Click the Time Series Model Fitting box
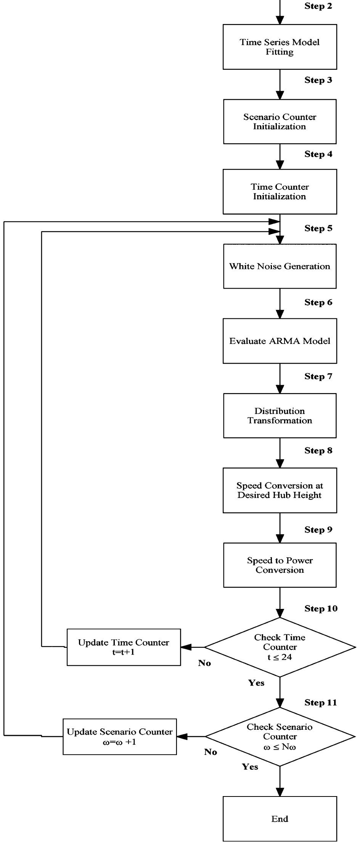[x=280, y=47]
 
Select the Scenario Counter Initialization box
[x=280, y=122]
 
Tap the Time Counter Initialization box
[x=280, y=191]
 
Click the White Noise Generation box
[x=280, y=266]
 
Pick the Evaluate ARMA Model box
[x=280, y=341]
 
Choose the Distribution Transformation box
[x=280, y=416]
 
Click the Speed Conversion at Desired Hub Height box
[x=280, y=490]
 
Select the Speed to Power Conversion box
[x=280, y=565]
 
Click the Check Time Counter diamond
[x=280, y=647]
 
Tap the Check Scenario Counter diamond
[x=280, y=737]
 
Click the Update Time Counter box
[x=124, y=647]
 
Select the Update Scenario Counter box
[x=120, y=737]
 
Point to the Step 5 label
[x=318, y=228]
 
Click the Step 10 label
[x=321, y=609]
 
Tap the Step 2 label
[x=318, y=6]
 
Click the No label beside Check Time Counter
[x=204, y=663]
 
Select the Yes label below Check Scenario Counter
[x=250, y=767]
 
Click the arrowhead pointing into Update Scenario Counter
[x=182, y=737]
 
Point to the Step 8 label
[x=318, y=451]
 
